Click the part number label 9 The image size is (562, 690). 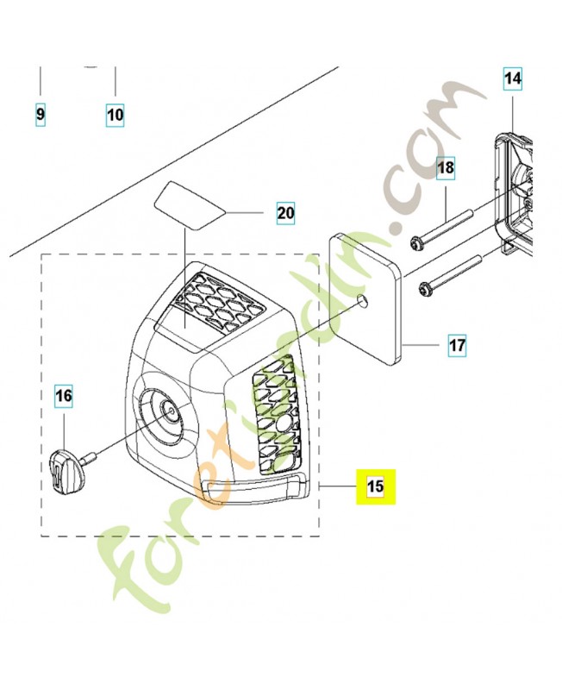[40, 115]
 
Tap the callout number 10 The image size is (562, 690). [115, 115]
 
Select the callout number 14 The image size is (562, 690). [513, 78]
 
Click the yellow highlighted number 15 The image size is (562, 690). [376, 486]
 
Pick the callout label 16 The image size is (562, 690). [63, 396]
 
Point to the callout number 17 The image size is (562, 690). [457, 344]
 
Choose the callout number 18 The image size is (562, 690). [446, 167]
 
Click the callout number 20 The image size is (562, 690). [285, 213]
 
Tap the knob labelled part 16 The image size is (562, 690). [66, 468]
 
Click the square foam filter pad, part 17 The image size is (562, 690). [365, 298]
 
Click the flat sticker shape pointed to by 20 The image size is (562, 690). [189, 205]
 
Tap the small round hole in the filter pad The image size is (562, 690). [362, 299]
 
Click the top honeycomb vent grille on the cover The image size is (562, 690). [215, 301]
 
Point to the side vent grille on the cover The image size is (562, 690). [276, 415]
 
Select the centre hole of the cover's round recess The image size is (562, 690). [169, 409]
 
